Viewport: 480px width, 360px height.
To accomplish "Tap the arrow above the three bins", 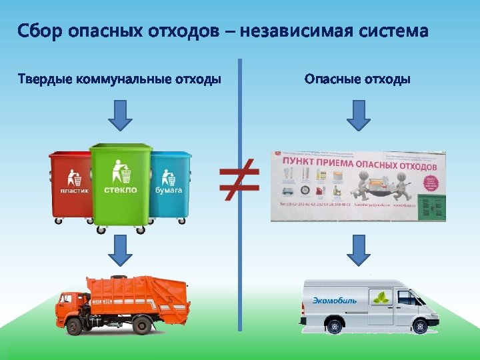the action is pos(120,115).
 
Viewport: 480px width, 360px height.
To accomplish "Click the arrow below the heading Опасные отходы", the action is pos(359,115).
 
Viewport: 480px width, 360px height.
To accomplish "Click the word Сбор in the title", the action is pos(41,31).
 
